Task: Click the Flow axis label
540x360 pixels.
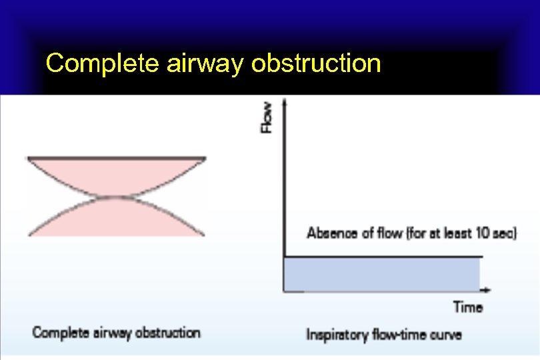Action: [x=267, y=117]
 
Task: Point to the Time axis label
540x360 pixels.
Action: [x=468, y=307]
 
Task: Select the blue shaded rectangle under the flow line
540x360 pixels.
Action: [x=382, y=274]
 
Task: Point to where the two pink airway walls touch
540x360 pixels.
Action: [x=116, y=197]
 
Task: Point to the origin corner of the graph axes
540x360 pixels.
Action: [x=285, y=291]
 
